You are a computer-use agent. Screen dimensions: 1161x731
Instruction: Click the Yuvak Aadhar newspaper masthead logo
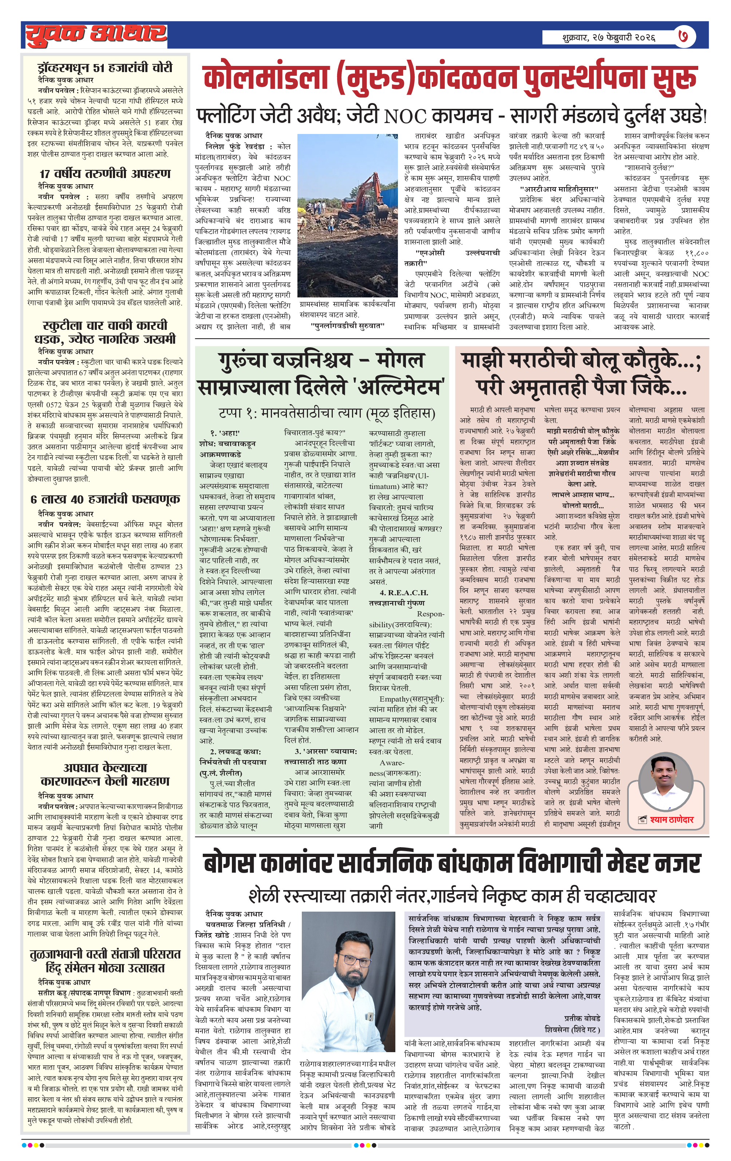tap(96, 35)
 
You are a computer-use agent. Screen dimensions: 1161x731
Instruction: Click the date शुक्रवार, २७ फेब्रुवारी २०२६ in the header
tap(609, 37)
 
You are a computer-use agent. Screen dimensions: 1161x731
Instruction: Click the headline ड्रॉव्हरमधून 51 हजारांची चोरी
tap(105, 67)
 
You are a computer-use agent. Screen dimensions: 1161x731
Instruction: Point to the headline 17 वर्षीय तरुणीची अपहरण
tap(105, 174)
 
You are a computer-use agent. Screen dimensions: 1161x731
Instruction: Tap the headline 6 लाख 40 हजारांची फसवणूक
tap(105, 499)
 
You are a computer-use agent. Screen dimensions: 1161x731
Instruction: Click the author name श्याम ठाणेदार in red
tap(671, 819)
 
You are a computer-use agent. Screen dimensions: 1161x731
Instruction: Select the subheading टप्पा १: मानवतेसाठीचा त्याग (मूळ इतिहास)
tap(327, 413)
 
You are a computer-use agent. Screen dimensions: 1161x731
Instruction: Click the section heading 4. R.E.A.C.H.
tap(404, 593)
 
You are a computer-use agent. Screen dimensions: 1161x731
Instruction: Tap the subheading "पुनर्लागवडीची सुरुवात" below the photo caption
tap(347, 326)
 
